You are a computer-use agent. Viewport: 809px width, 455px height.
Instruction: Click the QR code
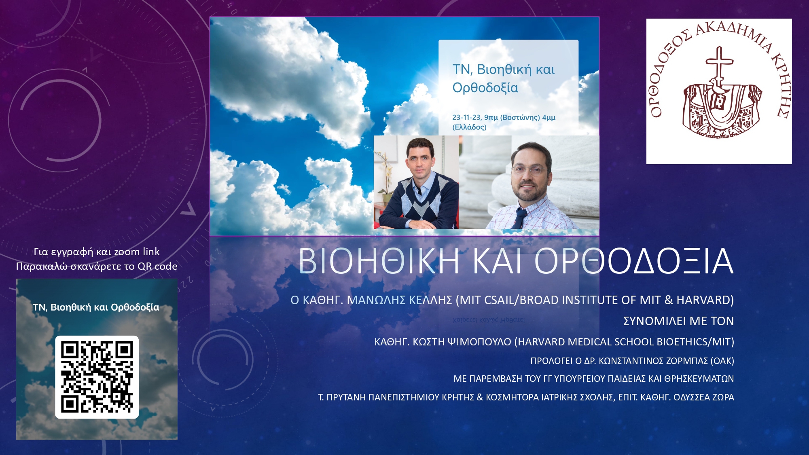click(97, 377)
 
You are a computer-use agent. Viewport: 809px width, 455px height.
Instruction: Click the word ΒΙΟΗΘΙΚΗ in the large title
click(379, 261)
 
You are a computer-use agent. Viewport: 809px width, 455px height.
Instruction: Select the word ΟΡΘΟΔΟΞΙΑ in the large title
click(634, 261)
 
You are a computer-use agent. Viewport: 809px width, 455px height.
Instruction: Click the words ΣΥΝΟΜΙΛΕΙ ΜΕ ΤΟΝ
click(678, 321)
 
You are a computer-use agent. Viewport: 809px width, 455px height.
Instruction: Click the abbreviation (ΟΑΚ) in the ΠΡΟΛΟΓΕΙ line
click(722, 361)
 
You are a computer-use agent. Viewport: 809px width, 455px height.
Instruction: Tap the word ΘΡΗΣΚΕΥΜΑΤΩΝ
click(699, 379)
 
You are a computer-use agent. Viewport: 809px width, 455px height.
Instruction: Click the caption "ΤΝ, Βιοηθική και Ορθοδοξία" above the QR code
click(96, 307)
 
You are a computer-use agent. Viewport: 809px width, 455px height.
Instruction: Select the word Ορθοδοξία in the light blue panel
click(485, 88)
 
